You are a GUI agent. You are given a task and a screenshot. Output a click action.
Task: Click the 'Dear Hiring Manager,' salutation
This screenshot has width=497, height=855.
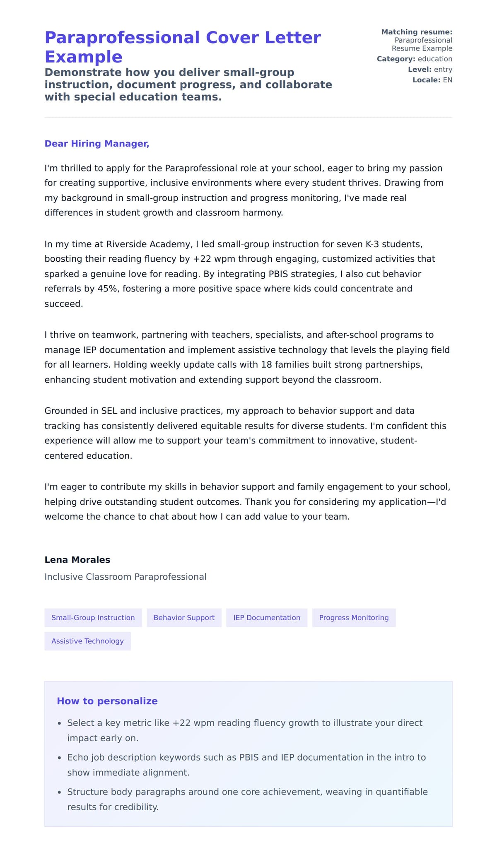97,144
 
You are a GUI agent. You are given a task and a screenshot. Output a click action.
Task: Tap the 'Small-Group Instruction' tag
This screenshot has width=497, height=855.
93,618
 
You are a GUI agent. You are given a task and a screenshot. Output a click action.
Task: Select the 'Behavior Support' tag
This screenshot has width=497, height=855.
184,618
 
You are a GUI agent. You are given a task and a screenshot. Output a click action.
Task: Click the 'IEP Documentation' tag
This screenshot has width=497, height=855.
267,618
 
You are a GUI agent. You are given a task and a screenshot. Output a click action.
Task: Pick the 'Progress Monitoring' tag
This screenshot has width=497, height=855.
354,618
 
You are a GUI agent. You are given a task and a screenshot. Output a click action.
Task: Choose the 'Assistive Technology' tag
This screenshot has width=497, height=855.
87,641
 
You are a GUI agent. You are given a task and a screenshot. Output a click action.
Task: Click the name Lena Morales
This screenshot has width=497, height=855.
77,560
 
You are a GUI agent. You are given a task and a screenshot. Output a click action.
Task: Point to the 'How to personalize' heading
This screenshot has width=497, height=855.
107,701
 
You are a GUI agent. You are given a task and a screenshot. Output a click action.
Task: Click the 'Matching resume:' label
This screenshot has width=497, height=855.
417,32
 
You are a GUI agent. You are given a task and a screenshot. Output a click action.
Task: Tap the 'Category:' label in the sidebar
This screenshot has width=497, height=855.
396,59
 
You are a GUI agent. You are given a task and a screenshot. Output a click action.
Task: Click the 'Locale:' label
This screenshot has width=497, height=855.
426,80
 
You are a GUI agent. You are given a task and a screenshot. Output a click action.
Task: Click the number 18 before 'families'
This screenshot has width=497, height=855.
266,365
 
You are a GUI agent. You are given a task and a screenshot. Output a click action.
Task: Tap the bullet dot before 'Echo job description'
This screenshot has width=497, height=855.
59,758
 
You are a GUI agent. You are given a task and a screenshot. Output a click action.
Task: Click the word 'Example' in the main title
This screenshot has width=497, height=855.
84,57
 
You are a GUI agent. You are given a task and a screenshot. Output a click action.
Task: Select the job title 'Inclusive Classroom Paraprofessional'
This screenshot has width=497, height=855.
125,577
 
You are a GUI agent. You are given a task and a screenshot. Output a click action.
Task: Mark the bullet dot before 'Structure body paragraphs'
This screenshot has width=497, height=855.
59,792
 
